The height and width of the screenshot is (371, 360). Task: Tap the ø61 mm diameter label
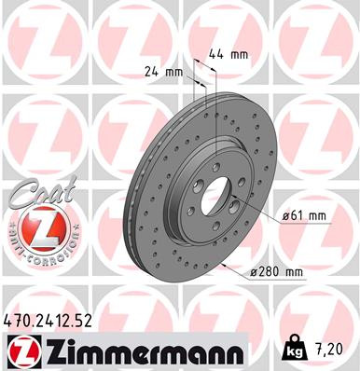pos(305,216)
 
